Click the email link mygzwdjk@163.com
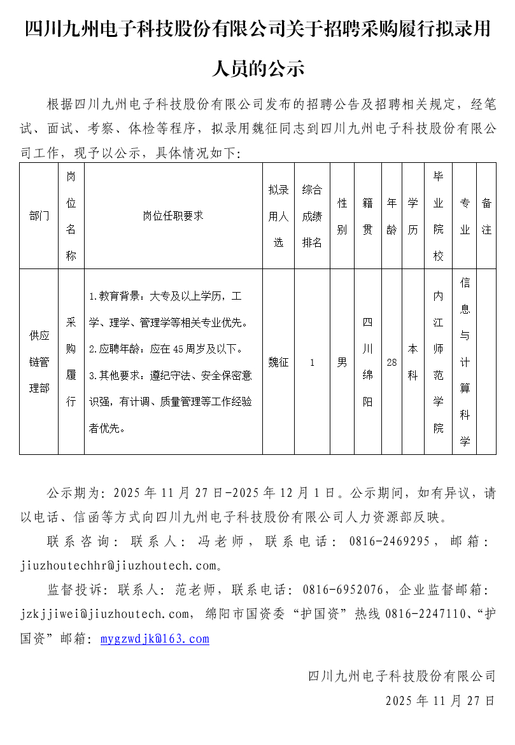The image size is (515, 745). tap(155, 639)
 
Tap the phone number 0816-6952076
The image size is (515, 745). tap(343, 590)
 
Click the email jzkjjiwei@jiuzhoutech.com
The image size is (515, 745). tap(105, 614)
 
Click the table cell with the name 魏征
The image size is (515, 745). tap(278, 362)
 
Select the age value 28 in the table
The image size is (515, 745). tap(392, 362)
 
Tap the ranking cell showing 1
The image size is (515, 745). tap(312, 362)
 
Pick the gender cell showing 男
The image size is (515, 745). tap(342, 362)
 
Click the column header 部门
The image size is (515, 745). tap(39, 216)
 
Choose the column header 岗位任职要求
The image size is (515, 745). tap(173, 216)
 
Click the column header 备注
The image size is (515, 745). tap(486, 216)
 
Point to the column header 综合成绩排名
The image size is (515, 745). tap(312, 216)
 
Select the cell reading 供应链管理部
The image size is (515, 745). tap(39, 362)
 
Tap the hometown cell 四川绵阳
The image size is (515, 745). tap(368, 362)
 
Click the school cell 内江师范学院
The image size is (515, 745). tap(439, 362)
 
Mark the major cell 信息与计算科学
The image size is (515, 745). tap(465, 362)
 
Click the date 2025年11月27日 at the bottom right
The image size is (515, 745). tap(440, 701)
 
